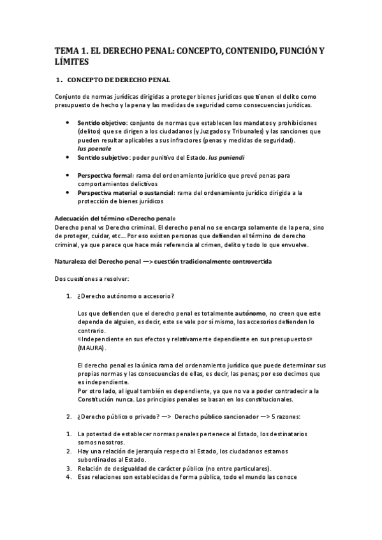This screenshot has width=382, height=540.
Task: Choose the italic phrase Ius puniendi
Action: click(x=226, y=157)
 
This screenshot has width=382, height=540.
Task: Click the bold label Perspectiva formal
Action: click(x=105, y=174)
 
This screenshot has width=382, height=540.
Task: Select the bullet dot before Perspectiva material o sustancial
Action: click(x=68, y=192)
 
